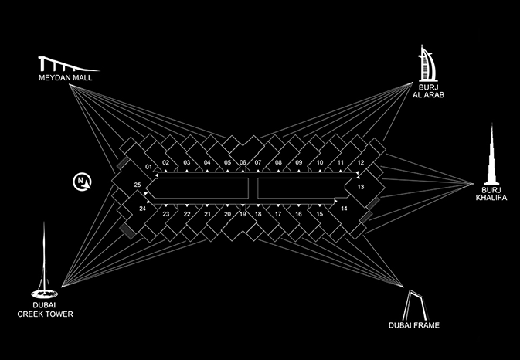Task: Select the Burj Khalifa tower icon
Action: [492, 155]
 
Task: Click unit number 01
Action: [148, 167]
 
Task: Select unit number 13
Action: [360, 187]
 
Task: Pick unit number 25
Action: [137, 185]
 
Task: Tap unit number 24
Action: [142, 209]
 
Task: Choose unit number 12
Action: [360, 162]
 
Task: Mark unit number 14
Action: [344, 209]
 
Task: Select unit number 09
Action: [299, 162]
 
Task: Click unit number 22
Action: [186, 214]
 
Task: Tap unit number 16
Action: [299, 214]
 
